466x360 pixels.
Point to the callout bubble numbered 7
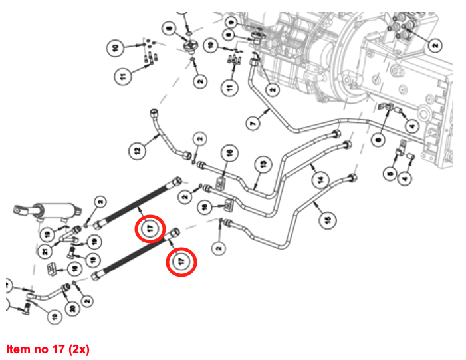tap(251, 123)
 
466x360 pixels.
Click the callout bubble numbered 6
tap(378, 138)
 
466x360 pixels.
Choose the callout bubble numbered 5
tap(390, 174)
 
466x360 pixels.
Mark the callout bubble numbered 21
tap(45, 250)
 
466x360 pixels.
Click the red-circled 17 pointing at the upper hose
tap(150, 228)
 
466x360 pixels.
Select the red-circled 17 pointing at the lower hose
tap(182, 261)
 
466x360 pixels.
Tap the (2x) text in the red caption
tap(76, 348)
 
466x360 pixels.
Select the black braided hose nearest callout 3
tap(136, 202)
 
